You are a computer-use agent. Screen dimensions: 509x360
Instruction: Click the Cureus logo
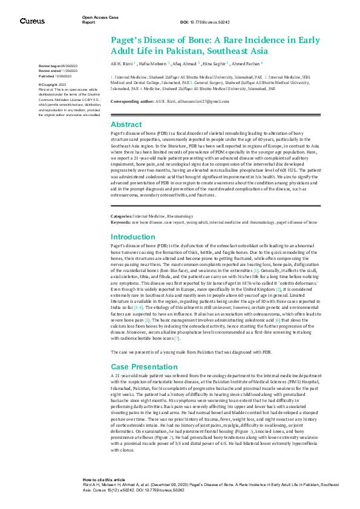pyautogui.click(x=32, y=21)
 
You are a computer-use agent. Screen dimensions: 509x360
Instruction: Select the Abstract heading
pyautogui.click(x=126, y=123)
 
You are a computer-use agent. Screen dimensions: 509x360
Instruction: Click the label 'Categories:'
pyautogui.click(x=121, y=216)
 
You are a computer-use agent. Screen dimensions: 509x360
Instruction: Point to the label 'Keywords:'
pyautogui.click(x=120, y=222)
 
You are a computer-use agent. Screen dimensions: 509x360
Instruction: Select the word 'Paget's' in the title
pyautogui.click(x=129, y=41)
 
